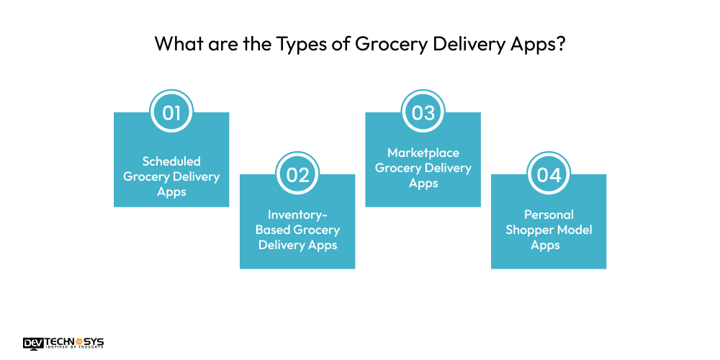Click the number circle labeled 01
(x=171, y=112)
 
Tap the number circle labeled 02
(x=297, y=174)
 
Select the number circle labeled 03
(x=423, y=112)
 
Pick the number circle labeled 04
(x=548, y=174)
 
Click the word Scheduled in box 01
(x=171, y=161)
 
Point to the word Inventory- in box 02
(x=297, y=215)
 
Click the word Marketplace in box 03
(x=423, y=153)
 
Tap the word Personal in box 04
(x=548, y=215)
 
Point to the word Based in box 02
(x=273, y=230)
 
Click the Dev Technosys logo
(x=63, y=343)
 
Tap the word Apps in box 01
(x=171, y=192)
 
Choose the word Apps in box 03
(x=423, y=184)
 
